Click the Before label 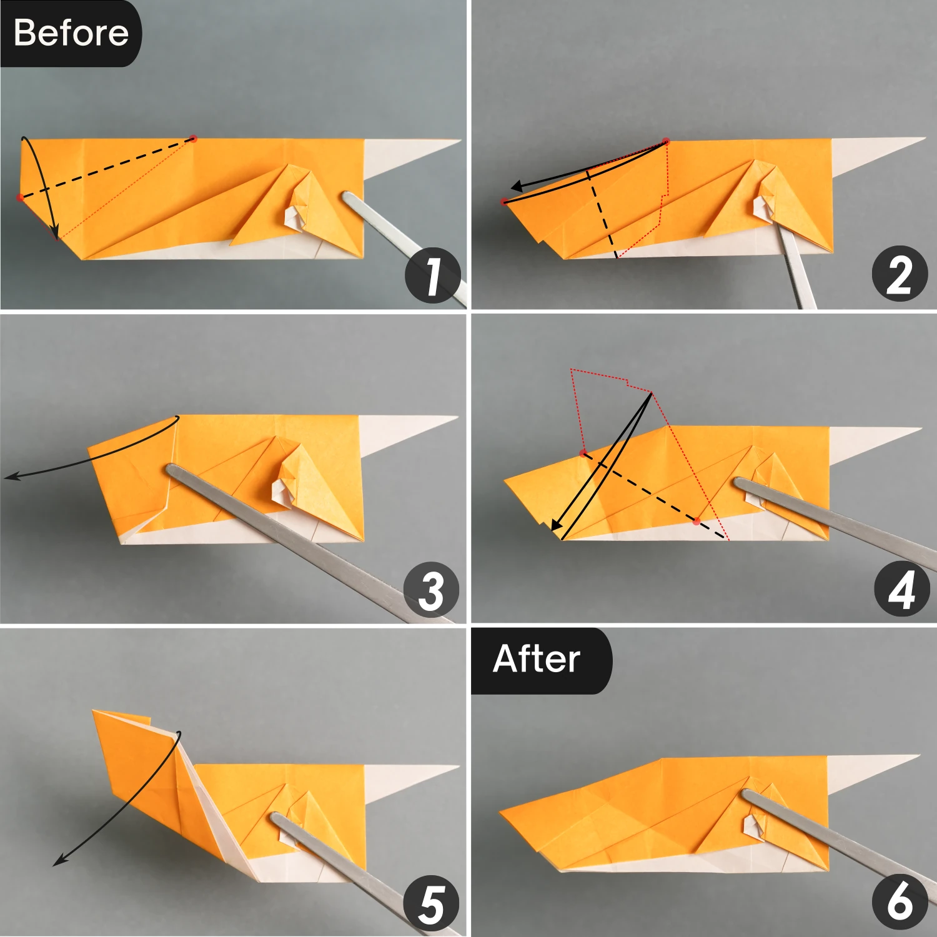pyautogui.click(x=71, y=32)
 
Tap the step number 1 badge pyautogui.click(x=433, y=275)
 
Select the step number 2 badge pyautogui.click(x=900, y=274)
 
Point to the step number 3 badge pyautogui.click(x=431, y=590)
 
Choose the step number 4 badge pyautogui.click(x=901, y=590)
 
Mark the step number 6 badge pyautogui.click(x=900, y=903)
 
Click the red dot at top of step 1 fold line pyautogui.click(x=193, y=138)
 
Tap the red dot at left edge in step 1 pyautogui.click(x=21, y=197)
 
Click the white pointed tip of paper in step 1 pyautogui.click(x=459, y=141)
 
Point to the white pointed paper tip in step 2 pyautogui.click(x=923, y=139)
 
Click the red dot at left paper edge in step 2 pyautogui.click(x=504, y=201)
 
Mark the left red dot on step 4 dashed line pyautogui.click(x=583, y=453)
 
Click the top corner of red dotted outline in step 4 pyautogui.click(x=571, y=370)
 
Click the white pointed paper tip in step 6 pyautogui.click(x=918, y=756)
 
